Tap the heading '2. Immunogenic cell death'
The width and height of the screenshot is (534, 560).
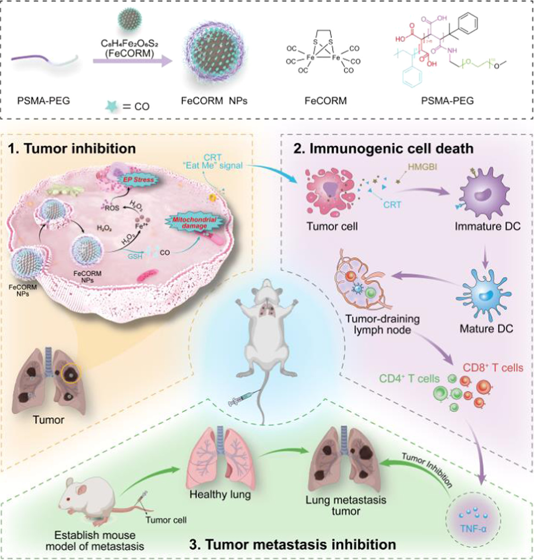[x=383, y=149]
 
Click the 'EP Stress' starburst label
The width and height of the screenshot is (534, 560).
[x=138, y=180]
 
